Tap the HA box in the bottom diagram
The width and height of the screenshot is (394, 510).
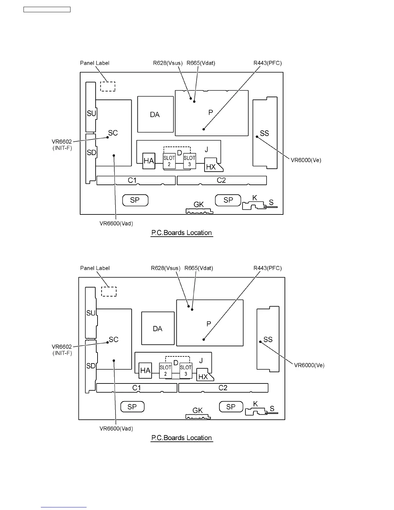point(145,371)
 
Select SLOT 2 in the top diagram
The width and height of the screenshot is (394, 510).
point(169,161)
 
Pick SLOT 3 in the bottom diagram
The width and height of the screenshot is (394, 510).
point(186,371)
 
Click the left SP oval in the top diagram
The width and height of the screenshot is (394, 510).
point(135,200)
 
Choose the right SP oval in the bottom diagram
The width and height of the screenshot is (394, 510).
point(230,407)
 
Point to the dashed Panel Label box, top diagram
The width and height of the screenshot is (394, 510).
point(108,86)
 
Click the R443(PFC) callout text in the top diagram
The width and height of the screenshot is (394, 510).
point(267,63)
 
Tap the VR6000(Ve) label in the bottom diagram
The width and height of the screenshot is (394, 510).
point(309,365)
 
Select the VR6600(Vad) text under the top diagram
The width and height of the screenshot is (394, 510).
point(116,223)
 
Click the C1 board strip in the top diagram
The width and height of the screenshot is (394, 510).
point(136,180)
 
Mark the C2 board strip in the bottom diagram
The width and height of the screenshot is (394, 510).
point(223,388)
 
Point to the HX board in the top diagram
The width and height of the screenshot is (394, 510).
point(212,165)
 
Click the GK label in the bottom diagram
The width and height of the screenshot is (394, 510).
point(198,410)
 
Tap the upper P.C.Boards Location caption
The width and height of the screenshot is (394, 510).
point(182,233)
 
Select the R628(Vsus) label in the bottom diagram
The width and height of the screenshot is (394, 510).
point(166,268)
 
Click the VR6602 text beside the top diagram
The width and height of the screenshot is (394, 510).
point(62,142)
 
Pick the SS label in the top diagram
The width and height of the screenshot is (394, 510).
point(264,133)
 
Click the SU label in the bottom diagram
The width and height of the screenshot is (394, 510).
point(91,313)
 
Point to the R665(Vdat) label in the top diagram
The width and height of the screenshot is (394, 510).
point(201,63)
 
